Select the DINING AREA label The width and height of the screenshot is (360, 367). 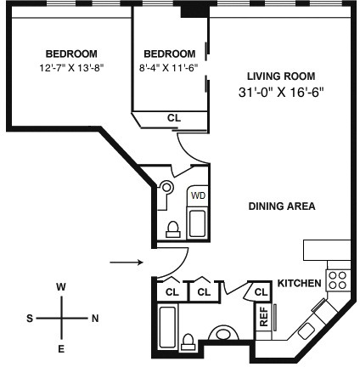tap(282, 206)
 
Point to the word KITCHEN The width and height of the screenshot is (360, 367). tap(299, 283)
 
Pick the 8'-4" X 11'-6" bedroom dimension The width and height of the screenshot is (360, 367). tap(170, 67)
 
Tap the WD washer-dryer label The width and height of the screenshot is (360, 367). tap(198, 195)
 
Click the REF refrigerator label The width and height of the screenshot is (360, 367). tap(264, 316)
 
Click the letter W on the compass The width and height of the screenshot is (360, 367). tap(61, 287)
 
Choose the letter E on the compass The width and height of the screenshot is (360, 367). tap(61, 349)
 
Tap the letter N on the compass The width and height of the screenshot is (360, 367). tap(95, 319)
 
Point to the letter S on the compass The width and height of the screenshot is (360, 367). tap(29, 319)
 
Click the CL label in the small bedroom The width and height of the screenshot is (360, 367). tap(173, 118)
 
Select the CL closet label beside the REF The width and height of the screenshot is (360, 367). tap(259, 293)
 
